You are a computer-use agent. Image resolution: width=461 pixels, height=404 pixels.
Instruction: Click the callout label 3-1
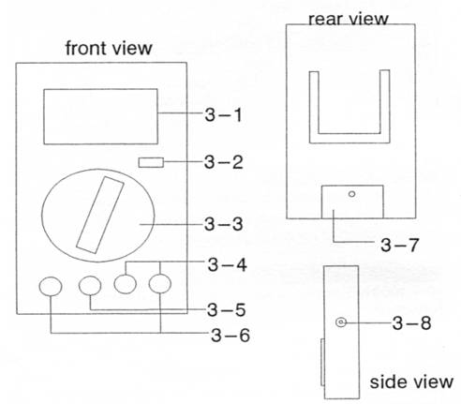pyautogui.click(x=223, y=114)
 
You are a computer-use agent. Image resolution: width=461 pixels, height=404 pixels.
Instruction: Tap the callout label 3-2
pyautogui.click(x=223, y=162)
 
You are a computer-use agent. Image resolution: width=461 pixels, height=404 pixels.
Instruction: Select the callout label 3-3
pyautogui.click(x=223, y=224)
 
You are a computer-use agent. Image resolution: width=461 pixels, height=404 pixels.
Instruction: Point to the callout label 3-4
pyautogui.click(x=228, y=264)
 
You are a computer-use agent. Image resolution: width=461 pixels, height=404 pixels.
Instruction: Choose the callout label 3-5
pyautogui.click(x=227, y=310)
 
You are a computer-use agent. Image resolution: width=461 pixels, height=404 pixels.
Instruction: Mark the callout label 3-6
pyautogui.click(x=230, y=336)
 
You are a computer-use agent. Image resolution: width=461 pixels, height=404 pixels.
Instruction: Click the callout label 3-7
pyautogui.click(x=399, y=245)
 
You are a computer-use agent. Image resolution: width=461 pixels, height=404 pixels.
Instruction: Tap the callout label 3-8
pyautogui.click(x=411, y=322)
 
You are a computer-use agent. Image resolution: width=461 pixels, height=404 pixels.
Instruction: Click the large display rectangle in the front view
pyautogui.click(x=100, y=116)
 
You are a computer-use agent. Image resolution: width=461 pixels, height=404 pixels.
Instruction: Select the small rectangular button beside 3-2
pyautogui.click(x=151, y=162)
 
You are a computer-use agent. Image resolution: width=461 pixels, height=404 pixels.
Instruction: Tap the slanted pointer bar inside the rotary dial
pyautogui.click(x=100, y=215)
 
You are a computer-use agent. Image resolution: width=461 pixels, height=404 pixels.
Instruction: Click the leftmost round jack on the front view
pyautogui.click(x=51, y=286)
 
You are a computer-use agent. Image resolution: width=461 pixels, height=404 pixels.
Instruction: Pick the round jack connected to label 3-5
pyautogui.click(x=90, y=285)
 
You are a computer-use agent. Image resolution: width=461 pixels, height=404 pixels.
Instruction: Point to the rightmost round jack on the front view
pyautogui.click(x=160, y=283)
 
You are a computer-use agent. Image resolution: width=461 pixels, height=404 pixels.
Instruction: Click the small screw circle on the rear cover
pyautogui.click(x=352, y=194)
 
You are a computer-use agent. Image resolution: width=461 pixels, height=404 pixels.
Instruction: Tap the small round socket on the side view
pyautogui.click(x=341, y=322)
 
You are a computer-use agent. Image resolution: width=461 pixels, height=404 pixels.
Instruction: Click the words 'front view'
pyautogui.click(x=109, y=49)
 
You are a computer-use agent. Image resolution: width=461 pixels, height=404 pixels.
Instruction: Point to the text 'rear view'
pyautogui.click(x=349, y=20)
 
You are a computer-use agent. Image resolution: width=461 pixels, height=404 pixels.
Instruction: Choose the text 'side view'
pyautogui.click(x=411, y=382)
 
